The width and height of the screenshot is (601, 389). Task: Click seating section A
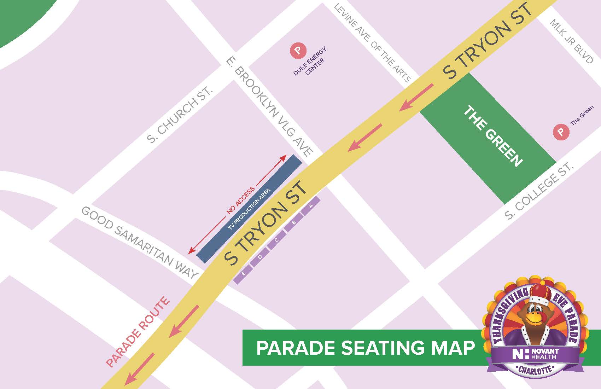(x=311, y=206)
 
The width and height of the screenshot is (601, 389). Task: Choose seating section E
(x=243, y=274)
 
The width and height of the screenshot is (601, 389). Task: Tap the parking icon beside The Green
(x=561, y=132)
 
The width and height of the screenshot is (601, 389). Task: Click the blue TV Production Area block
(x=249, y=209)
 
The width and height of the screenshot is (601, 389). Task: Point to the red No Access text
(x=241, y=200)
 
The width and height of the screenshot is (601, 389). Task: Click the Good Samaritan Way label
(x=139, y=242)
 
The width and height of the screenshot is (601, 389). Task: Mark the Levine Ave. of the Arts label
(x=372, y=43)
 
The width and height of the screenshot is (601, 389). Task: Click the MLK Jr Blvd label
(x=571, y=41)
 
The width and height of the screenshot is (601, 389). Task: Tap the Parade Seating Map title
(x=366, y=348)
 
